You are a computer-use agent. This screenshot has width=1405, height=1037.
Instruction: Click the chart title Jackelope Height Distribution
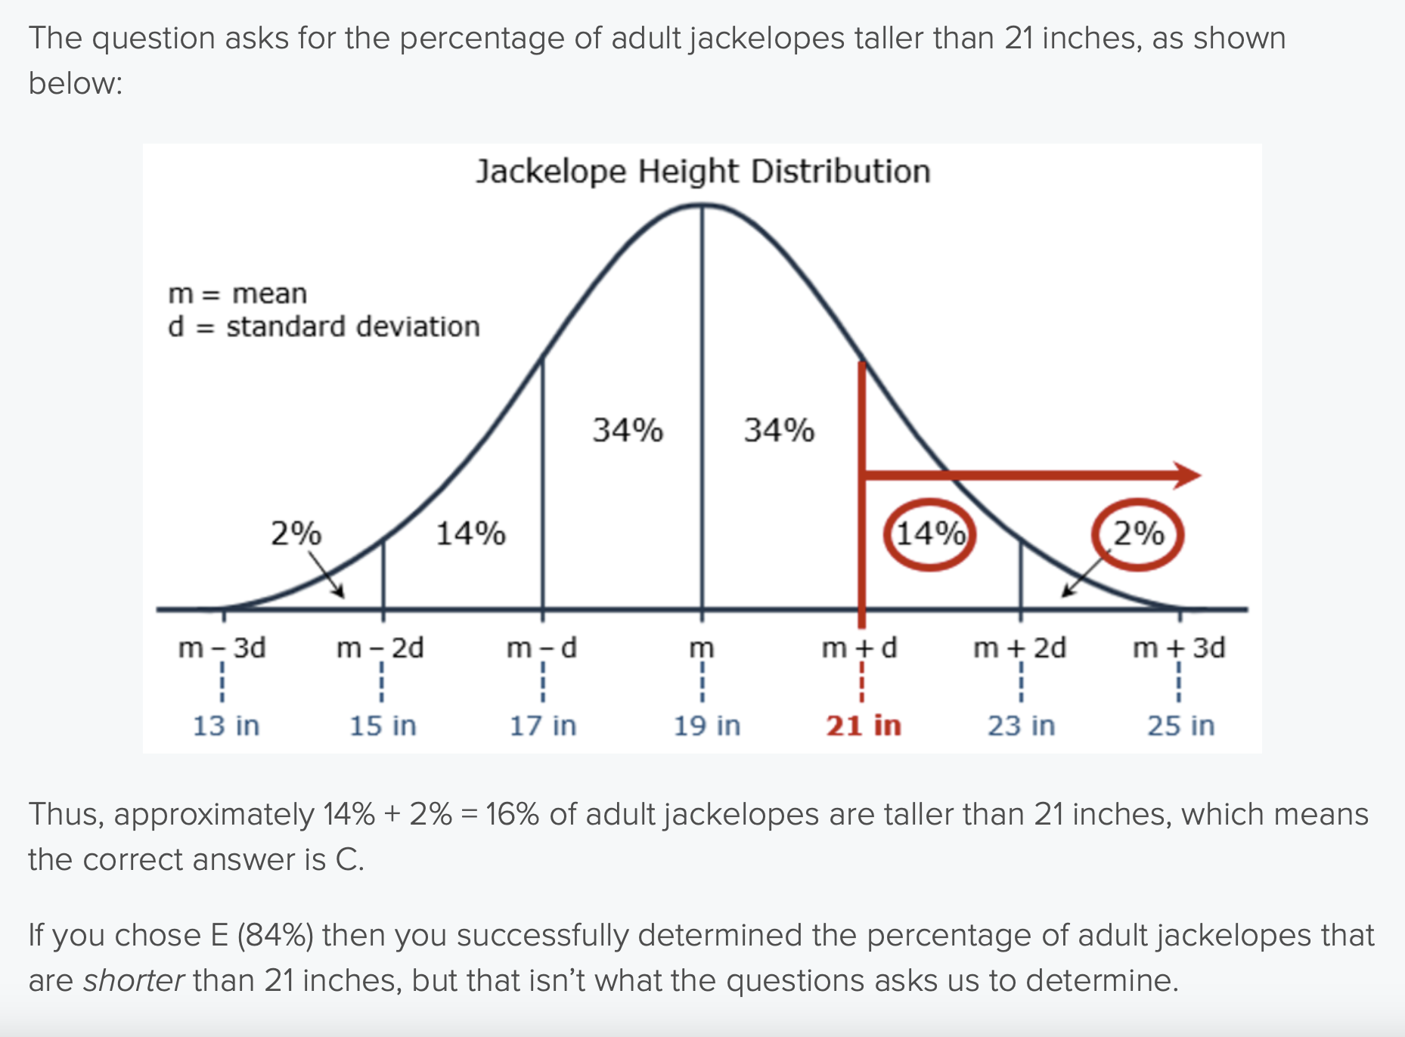pyautogui.click(x=702, y=172)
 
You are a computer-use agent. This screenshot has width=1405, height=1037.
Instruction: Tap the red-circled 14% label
pyautogui.click(x=930, y=534)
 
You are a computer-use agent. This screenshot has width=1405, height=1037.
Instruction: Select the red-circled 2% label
pyautogui.click(x=1138, y=534)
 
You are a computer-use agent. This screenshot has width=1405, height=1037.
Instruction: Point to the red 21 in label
pyautogui.click(x=864, y=726)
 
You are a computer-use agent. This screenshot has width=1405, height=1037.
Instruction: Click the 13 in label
pyautogui.click(x=225, y=726)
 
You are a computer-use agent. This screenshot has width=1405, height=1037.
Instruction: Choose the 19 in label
pyautogui.click(x=706, y=726)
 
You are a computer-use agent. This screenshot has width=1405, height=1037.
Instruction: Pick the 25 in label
pyautogui.click(x=1180, y=726)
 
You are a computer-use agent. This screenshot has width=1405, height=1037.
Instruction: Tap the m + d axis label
pyautogui.click(x=860, y=648)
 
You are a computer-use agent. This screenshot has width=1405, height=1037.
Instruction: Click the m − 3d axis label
pyautogui.click(x=222, y=648)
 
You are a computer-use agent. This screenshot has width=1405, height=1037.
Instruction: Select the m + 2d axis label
pyautogui.click(x=1019, y=648)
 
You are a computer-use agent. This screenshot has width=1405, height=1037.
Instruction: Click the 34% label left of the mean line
pyautogui.click(x=628, y=430)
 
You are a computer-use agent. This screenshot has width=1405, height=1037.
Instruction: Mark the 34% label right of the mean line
pyautogui.click(x=779, y=430)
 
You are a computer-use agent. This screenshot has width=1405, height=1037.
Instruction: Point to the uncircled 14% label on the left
pyautogui.click(x=470, y=534)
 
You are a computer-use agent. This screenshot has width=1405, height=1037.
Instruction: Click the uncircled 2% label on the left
pyautogui.click(x=296, y=534)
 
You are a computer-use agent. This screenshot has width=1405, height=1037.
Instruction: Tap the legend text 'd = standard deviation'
pyautogui.click(x=324, y=327)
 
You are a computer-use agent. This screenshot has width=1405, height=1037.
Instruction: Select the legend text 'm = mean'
pyautogui.click(x=237, y=293)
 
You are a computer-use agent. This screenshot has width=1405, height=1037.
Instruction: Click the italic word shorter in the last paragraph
pyautogui.click(x=133, y=980)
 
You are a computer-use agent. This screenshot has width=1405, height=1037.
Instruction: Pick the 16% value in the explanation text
pyautogui.click(x=512, y=815)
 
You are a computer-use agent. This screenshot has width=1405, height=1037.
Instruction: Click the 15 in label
pyautogui.click(x=383, y=726)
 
